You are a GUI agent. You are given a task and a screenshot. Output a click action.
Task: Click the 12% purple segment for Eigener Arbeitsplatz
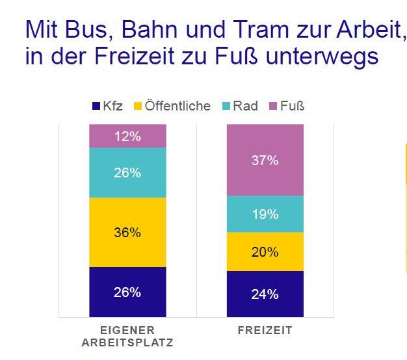click(x=127, y=136)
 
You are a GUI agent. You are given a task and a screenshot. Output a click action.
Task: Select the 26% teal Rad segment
click(x=127, y=172)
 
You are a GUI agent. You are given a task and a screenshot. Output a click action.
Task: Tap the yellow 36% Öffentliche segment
click(x=127, y=232)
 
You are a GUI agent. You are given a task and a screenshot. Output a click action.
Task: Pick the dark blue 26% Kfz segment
click(x=127, y=292)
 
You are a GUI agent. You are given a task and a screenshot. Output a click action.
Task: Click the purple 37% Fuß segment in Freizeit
click(x=265, y=160)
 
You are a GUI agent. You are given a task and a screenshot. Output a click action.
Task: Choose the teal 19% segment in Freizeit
click(x=265, y=214)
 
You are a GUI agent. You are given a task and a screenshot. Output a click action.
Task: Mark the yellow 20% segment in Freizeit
click(x=265, y=251)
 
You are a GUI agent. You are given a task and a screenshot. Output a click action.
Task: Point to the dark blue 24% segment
click(x=265, y=294)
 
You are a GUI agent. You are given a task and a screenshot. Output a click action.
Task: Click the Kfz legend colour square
click(x=96, y=106)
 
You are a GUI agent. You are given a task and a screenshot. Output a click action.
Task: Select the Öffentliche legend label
click(x=177, y=106)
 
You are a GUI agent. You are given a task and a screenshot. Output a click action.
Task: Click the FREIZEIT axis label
click(x=265, y=330)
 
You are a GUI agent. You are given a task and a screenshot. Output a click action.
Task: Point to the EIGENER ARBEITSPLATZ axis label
click(x=127, y=336)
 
